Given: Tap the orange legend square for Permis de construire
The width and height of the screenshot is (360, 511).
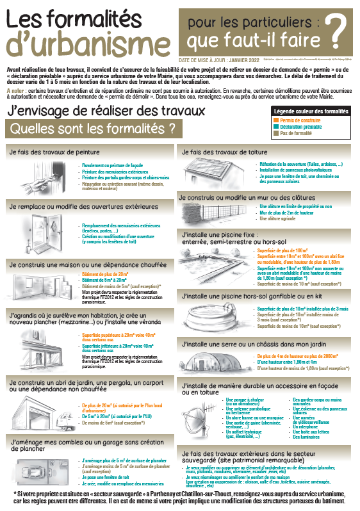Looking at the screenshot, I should coord(275,120).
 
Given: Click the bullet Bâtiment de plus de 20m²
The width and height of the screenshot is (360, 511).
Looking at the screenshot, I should coord(104,273).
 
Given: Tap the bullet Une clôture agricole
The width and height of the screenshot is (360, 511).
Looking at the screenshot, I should coord(279,218).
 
